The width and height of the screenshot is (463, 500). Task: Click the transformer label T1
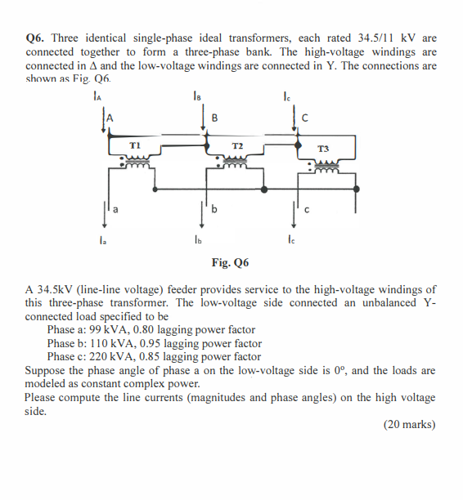(x=137, y=145)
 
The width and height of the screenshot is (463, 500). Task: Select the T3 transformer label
(x=323, y=150)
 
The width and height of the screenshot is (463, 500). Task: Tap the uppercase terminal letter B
(x=214, y=117)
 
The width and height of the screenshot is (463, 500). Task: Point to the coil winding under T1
(x=139, y=163)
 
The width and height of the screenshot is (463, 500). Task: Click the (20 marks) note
(x=409, y=424)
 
